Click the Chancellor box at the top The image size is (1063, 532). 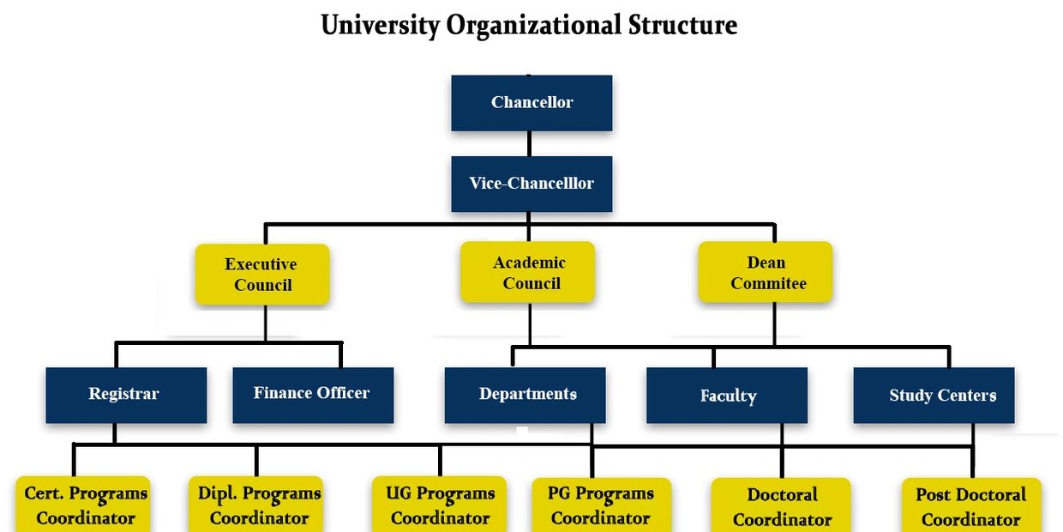click(531, 103)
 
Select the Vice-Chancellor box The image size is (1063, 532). click(531, 184)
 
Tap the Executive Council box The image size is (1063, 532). click(262, 275)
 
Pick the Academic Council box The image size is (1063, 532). click(528, 273)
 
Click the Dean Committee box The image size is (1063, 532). click(766, 273)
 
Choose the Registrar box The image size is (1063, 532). click(126, 395)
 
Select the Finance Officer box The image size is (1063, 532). click(313, 395)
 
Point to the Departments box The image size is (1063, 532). click(525, 395)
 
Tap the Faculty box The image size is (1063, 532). click(727, 396)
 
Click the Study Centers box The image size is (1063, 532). click(934, 396)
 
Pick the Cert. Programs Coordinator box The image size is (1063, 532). click(84, 505)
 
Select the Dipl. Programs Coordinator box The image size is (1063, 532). click(256, 505)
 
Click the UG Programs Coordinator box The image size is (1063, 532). click(439, 505)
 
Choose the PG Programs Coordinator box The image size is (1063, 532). click(601, 505)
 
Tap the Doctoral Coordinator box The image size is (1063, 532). click(781, 506)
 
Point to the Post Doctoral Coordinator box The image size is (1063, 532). click(971, 506)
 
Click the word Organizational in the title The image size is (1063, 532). click(534, 25)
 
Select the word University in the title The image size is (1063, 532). click(379, 25)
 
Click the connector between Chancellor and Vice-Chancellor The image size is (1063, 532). click(529, 143)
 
